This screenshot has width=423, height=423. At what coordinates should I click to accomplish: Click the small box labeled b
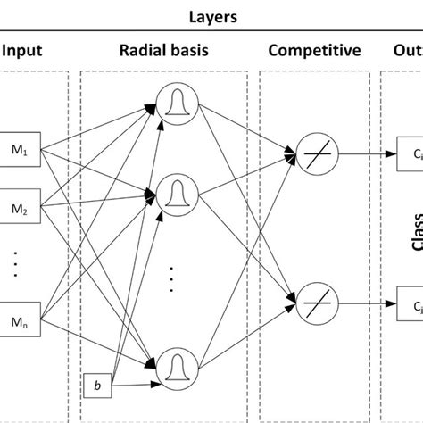tap(95, 386)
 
